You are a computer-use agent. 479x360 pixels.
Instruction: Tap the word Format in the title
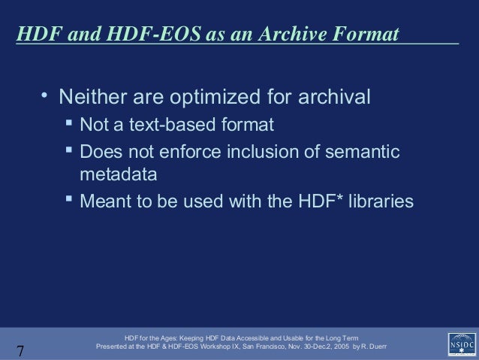[x=364, y=35]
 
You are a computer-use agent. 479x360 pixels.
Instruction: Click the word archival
[x=334, y=98]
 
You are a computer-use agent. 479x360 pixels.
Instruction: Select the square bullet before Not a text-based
[x=68, y=123]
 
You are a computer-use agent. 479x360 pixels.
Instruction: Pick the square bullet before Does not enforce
[x=68, y=150]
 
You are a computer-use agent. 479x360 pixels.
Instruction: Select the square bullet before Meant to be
[x=68, y=200]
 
